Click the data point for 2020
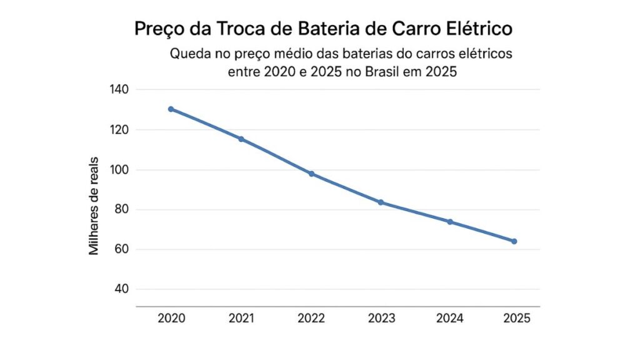pyautogui.click(x=171, y=109)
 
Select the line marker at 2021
pyautogui.click(x=241, y=139)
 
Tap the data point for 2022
pyautogui.click(x=311, y=174)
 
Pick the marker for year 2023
pyautogui.click(x=381, y=202)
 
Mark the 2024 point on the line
pyautogui.click(x=450, y=222)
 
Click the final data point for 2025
pyautogui.click(x=514, y=241)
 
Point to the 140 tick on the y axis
pyautogui.click(x=119, y=90)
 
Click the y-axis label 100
pyautogui.click(x=119, y=170)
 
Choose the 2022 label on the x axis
pyautogui.click(x=311, y=319)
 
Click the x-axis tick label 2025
pyautogui.click(x=516, y=319)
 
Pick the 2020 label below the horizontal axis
pyautogui.click(x=171, y=319)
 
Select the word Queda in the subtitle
pyautogui.click(x=190, y=54)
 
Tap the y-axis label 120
pyautogui.click(x=119, y=130)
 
